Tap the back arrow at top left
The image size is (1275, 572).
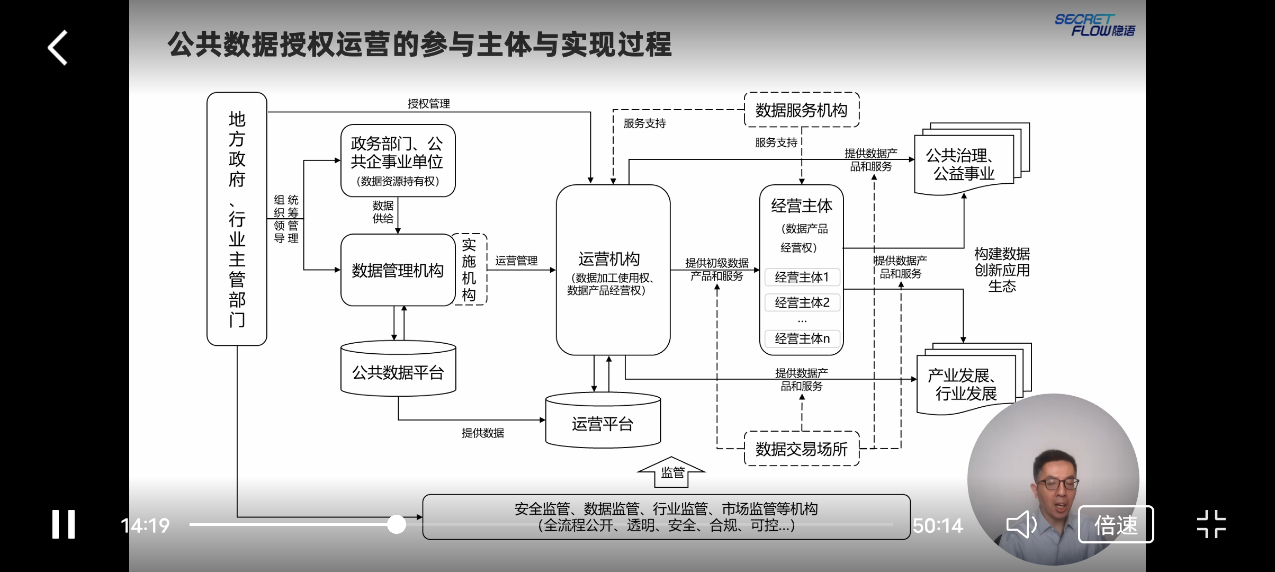coord(58,48)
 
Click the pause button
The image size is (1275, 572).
coord(64,524)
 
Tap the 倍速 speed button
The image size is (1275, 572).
coord(1116,525)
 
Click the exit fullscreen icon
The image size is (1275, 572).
coord(1211,524)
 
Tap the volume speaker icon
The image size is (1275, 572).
coord(1021,524)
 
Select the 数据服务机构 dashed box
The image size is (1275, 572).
coord(801,110)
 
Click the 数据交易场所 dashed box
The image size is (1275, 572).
coord(801,449)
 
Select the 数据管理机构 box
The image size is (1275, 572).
coord(398,270)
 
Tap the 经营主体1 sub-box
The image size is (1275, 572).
coord(802,277)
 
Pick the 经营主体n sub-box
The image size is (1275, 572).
coord(802,338)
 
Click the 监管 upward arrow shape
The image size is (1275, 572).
coord(672,472)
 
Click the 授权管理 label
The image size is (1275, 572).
coord(428,104)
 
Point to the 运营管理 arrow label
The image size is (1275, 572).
coord(516,261)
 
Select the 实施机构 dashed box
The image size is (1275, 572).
coord(470,270)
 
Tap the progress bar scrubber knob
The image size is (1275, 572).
coord(397,524)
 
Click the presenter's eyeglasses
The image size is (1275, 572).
coord(1057,483)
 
